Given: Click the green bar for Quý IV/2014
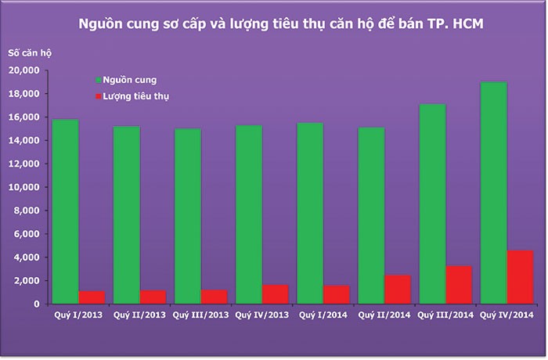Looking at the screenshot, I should coord(492,193).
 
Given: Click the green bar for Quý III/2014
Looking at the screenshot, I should coord(431,203).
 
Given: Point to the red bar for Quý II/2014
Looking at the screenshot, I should coord(397,290).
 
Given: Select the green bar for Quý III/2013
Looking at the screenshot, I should coord(186,216).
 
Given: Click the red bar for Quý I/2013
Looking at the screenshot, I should coord(91,297).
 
